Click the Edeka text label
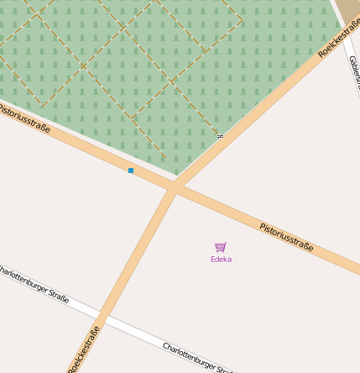pyautogui.click(x=221, y=260)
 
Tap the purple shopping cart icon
pyautogui.click(x=221, y=247)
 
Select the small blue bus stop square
pyautogui.click(x=131, y=171)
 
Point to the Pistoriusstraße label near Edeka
pyautogui.click(x=286, y=237)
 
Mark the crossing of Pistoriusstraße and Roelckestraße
pyautogui.click(x=173, y=190)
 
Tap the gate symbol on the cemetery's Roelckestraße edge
pyautogui.click(x=220, y=135)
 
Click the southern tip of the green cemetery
pyautogui.click(x=176, y=174)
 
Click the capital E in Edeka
pyautogui.click(x=213, y=260)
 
